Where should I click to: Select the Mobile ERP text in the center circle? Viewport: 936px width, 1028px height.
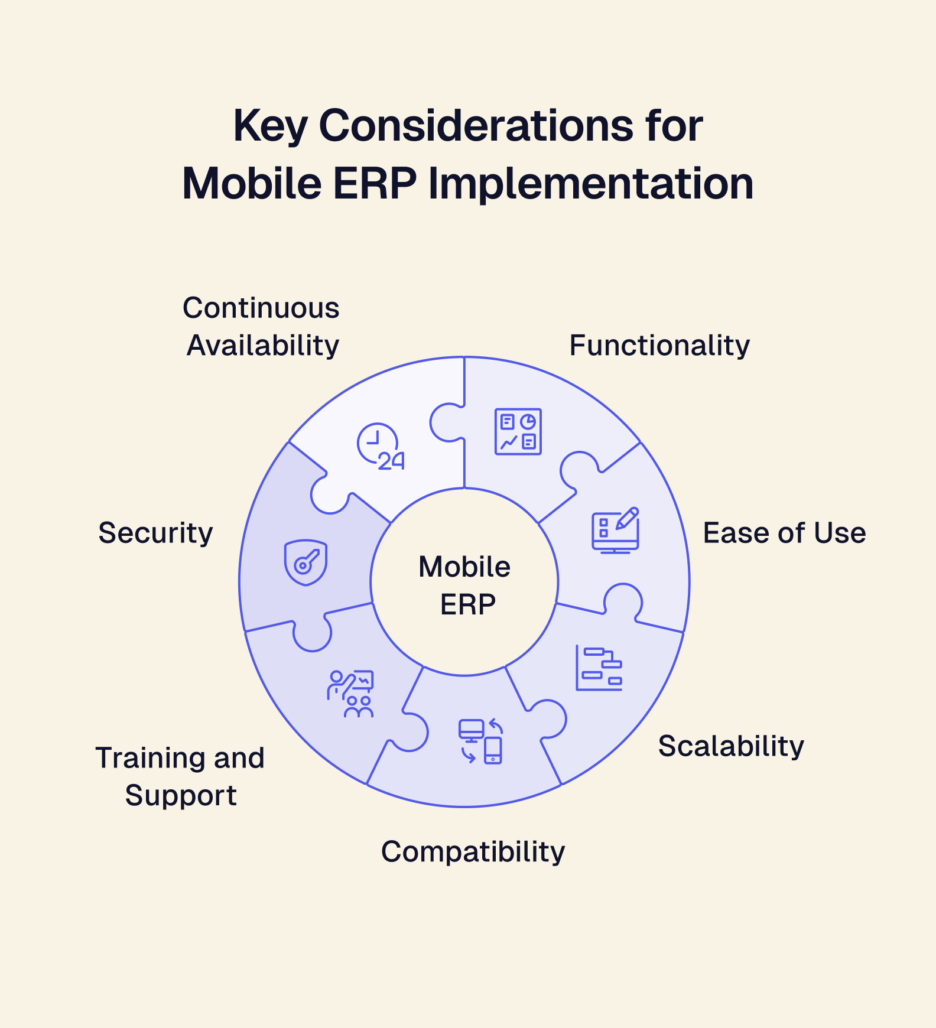tap(465, 585)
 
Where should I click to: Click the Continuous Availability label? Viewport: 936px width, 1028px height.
tap(262, 326)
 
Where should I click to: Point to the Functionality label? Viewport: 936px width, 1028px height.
tap(659, 345)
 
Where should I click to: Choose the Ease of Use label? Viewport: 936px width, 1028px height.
tap(784, 533)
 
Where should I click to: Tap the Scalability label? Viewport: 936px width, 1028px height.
tap(731, 746)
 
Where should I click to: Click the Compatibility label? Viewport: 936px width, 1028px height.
tap(473, 852)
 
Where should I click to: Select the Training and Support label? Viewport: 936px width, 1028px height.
tap(180, 776)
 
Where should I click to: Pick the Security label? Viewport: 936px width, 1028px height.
tap(155, 533)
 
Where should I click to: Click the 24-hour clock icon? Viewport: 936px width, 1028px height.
tap(381, 447)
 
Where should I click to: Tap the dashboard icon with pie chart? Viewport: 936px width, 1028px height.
tap(518, 431)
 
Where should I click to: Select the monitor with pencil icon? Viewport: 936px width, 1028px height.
tap(616, 530)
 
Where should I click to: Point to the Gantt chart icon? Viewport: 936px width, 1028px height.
tap(599, 668)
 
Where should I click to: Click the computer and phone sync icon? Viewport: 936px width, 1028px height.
tap(481, 741)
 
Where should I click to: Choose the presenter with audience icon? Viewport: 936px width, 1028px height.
tap(350, 693)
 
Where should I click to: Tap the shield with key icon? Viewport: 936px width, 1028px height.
tap(305, 562)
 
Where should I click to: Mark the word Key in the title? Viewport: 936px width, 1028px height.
tap(270, 126)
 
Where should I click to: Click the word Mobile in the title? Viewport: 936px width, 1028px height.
tap(252, 184)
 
